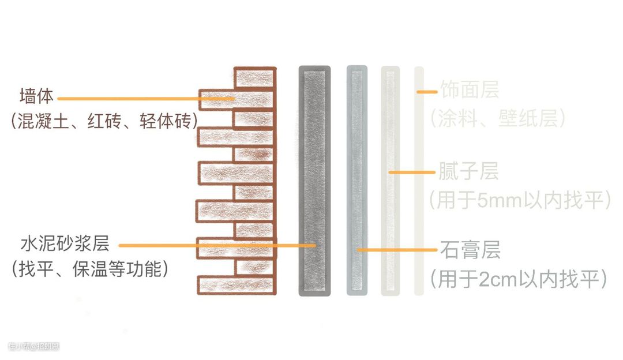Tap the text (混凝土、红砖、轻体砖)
[103, 122]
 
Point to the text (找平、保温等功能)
[89, 269]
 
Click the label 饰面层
[469, 90]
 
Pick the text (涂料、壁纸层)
[497, 119]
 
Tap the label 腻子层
[469, 171]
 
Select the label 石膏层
[470, 250]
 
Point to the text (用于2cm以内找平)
[519, 279]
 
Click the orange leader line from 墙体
[144, 99]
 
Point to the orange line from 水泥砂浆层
[213, 245]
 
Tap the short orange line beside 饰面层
[427, 91]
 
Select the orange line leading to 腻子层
[412, 172]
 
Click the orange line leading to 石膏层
[398, 250]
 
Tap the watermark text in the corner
[33, 347]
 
